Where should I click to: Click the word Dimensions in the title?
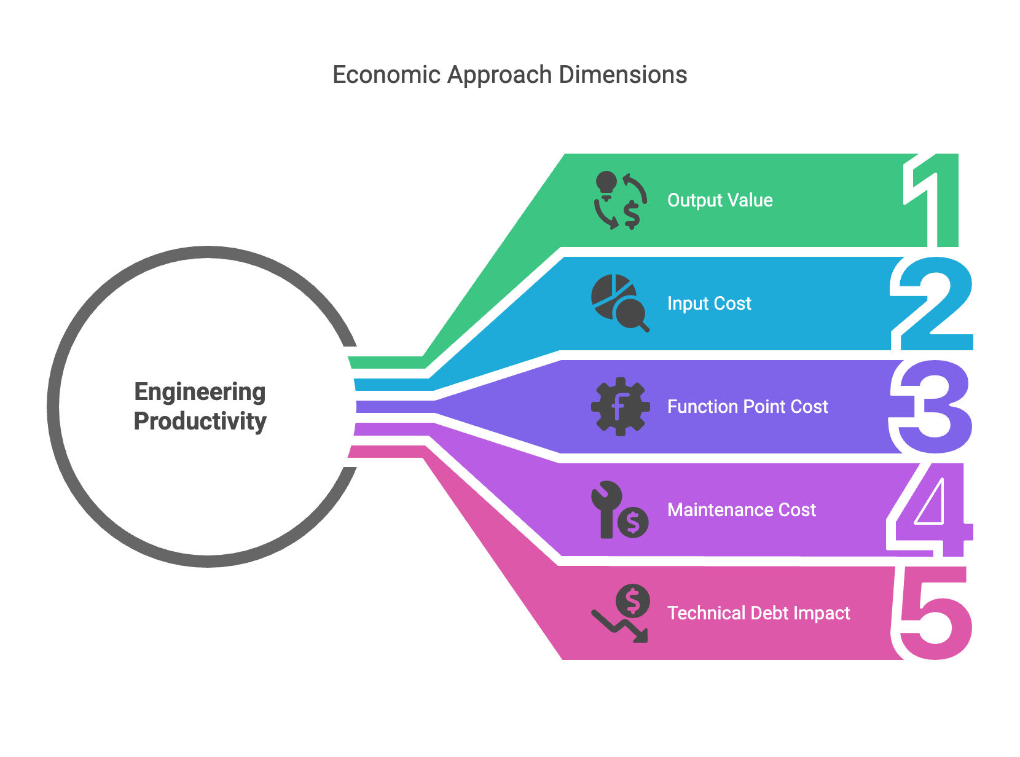[623, 75]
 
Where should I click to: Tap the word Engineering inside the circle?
[200, 392]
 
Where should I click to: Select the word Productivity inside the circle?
[200, 422]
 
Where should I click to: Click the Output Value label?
[720, 200]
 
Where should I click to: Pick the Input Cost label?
[709, 304]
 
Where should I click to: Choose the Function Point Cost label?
[747, 407]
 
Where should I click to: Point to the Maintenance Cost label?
[741, 510]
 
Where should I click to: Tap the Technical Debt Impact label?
[758, 613]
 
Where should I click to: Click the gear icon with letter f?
[620, 407]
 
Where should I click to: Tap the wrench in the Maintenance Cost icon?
[606, 507]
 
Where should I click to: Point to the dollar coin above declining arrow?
[633, 600]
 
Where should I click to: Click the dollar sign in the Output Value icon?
[632, 215]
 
